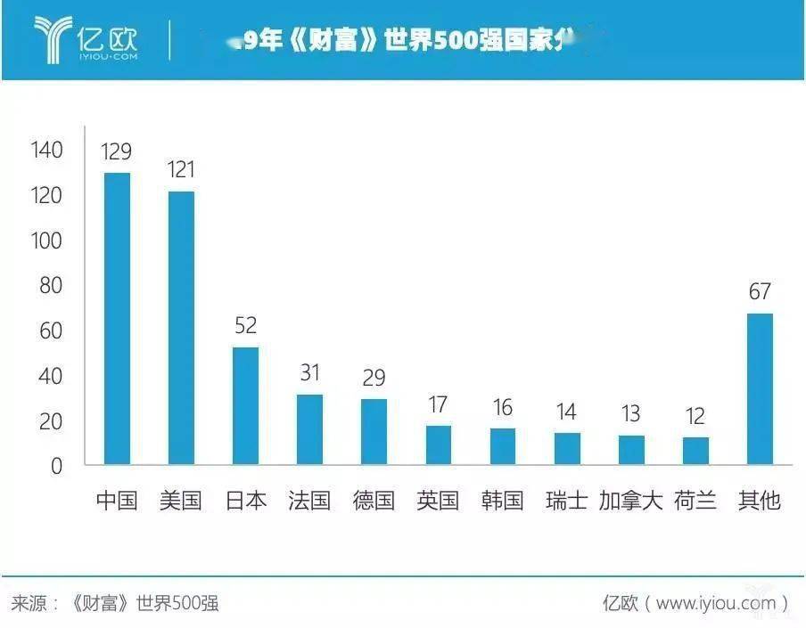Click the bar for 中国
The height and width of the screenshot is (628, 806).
(x=117, y=318)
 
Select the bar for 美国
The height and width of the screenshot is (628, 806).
(x=181, y=327)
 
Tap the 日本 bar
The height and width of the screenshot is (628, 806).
(x=245, y=405)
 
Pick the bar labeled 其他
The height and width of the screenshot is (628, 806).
(x=760, y=388)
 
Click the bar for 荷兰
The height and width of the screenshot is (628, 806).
(x=695, y=450)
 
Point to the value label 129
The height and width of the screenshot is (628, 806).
(x=117, y=151)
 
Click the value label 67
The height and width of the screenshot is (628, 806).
(x=760, y=291)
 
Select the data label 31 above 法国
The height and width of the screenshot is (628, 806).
(x=309, y=372)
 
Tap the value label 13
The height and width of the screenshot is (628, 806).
(x=631, y=414)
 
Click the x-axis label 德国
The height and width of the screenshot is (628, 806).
(x=374, y=501)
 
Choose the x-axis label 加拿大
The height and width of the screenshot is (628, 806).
(x=631, y=501)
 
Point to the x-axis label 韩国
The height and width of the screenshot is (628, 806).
(x=502, y=501)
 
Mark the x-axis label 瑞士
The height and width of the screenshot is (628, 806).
(x=567, y=501)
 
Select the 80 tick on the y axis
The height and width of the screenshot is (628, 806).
(x=51, y=286)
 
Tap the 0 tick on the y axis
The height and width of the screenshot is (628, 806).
(x=56, y=466)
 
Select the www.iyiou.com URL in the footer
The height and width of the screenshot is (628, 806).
(x=716, y=603)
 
